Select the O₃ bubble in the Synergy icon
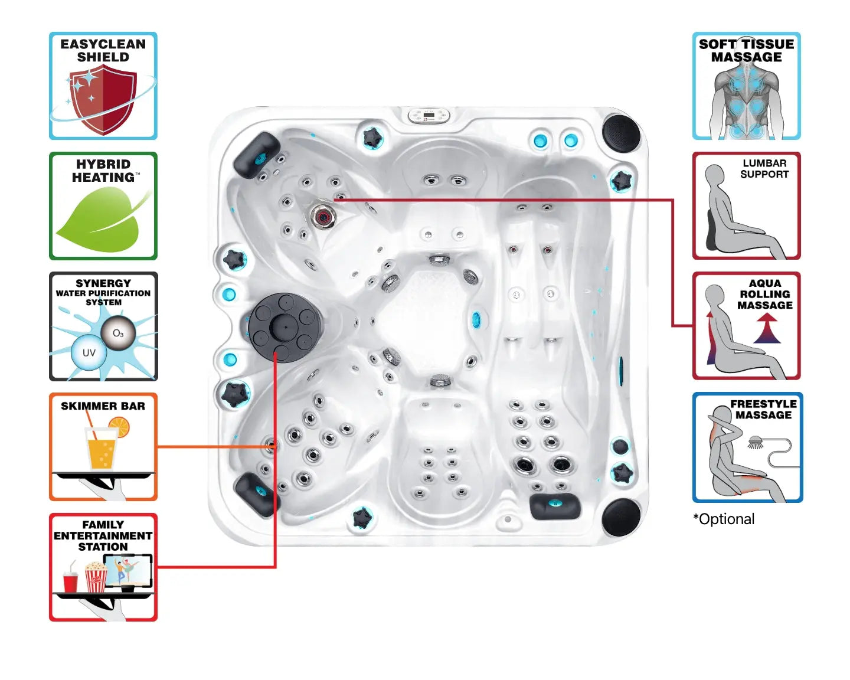(118, 334)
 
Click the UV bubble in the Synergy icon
(89, 353)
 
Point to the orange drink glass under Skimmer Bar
(102, 449)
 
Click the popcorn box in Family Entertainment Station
(96, 577)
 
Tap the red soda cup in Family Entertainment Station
(70, 581)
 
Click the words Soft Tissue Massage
(746, 51)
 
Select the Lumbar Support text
(764, 169)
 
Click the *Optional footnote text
(724, 519)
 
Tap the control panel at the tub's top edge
(429, 115)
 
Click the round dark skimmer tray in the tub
(285, 326)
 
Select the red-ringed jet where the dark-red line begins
(323, 216)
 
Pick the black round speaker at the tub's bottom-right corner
(621, 517)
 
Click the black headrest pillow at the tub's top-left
(257, 155)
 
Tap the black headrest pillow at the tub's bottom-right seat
(554, 506)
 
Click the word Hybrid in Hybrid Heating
(103, 164)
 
